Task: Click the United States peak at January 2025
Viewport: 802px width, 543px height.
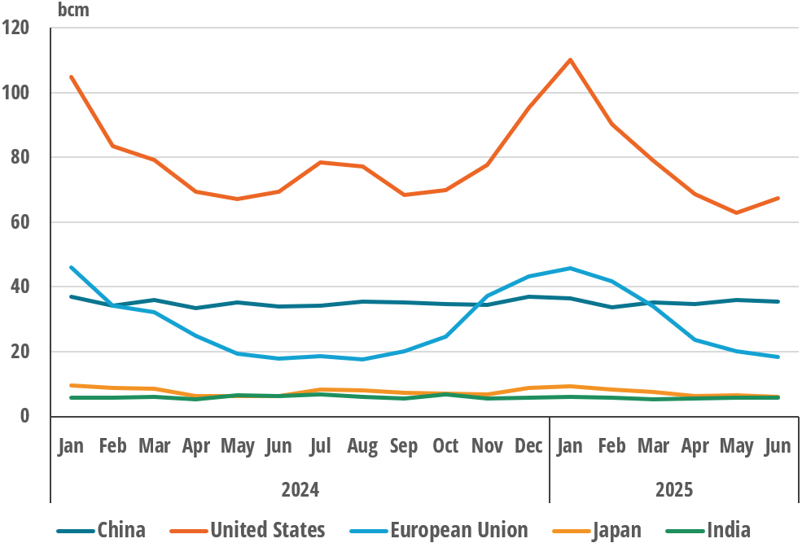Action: [570, 59]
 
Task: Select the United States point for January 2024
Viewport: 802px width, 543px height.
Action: [72, 77]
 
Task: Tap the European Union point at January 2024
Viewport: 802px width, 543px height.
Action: [72, 267]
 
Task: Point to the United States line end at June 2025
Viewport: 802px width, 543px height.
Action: [778, 198]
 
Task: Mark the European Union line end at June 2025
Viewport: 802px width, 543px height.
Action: [778, 357]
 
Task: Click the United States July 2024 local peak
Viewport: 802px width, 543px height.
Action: [321, 162]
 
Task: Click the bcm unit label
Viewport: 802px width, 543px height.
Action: [74, 10]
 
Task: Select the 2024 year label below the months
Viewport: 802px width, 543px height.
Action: [300, 489]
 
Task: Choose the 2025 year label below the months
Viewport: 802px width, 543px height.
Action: [674, 489]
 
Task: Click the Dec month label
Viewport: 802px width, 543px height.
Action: [529, 446]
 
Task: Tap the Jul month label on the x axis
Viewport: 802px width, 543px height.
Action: [321, 446]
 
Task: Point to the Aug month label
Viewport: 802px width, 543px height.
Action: [362, 446]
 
